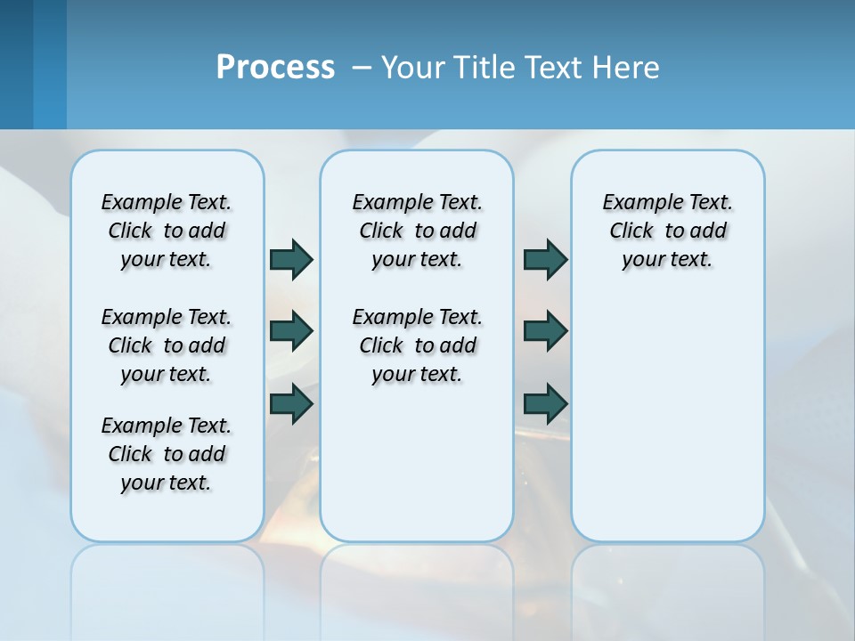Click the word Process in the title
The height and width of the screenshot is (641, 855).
pos(275,68)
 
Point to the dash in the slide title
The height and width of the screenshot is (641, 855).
pos(362,69)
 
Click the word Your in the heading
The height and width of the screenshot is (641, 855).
pos(414,68)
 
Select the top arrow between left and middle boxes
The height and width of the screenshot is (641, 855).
pos(291,259)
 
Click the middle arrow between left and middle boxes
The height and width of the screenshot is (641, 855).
pos(291,331)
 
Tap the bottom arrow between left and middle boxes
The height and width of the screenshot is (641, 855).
pos(291,403)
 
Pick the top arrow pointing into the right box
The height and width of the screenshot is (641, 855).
pos(545,259)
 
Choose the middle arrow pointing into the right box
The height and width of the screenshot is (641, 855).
pos(545,331)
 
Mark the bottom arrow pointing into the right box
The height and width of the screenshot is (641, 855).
pos(545,403)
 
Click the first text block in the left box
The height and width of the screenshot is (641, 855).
pos(167,231)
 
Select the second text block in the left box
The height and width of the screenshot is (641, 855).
pos(167,345)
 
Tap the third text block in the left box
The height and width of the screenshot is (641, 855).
pos(167,454)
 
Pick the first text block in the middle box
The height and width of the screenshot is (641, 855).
pos(417,231)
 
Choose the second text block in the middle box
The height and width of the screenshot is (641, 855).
pos(417,345)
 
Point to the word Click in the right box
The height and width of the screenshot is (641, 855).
pos(631,231)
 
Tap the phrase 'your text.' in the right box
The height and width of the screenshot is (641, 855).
pos(667,259)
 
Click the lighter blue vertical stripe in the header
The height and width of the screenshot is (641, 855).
pos(50,64)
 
